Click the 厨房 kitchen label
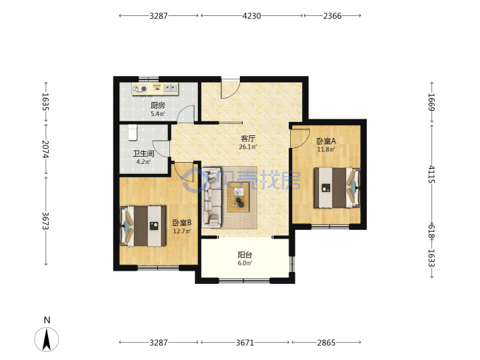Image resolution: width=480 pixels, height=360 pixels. point(157,105)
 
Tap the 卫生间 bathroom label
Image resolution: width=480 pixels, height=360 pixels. point(143,153)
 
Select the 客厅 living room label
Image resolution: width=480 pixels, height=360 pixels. point(248,139)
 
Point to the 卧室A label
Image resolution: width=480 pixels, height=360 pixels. point(326,141)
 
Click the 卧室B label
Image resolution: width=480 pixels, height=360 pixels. point(182,223)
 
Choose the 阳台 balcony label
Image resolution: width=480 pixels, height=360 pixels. point(245,255)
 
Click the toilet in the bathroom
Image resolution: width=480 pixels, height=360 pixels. point(133,132)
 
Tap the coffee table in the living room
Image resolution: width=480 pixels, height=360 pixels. point(239,197)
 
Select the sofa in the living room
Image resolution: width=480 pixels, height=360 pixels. point(211,197)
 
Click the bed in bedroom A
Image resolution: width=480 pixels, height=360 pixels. point(337,187)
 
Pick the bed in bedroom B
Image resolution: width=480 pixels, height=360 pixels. point(143,226)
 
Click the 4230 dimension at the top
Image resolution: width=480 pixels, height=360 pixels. point(251,15)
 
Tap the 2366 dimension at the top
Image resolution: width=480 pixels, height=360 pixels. point(332,15)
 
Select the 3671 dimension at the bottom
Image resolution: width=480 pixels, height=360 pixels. point(245,342)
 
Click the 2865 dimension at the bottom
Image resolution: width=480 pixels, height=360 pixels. point(326,342)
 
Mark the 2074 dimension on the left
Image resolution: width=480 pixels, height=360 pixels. point(45,149)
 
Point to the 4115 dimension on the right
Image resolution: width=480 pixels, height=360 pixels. point(431,174)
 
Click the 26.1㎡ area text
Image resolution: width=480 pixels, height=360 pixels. point(248,147)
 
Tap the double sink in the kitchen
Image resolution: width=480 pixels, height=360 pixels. point(171,89)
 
